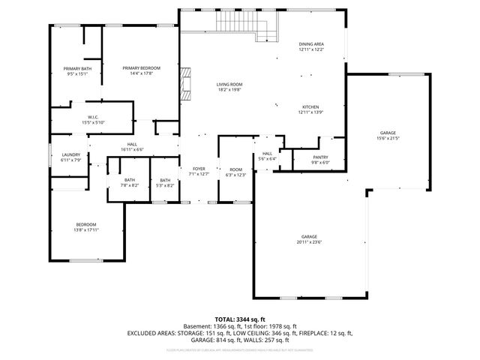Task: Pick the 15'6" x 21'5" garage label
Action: (x=388, y=135)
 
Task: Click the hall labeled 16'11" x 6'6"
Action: (x=132, y=147)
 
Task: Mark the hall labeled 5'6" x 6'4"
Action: (x=268, y=156)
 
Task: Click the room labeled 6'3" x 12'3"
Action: (x=236, y=172)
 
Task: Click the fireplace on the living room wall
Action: (x=184, y=85)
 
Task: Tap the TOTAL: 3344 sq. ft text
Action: (x=240, y=319)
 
